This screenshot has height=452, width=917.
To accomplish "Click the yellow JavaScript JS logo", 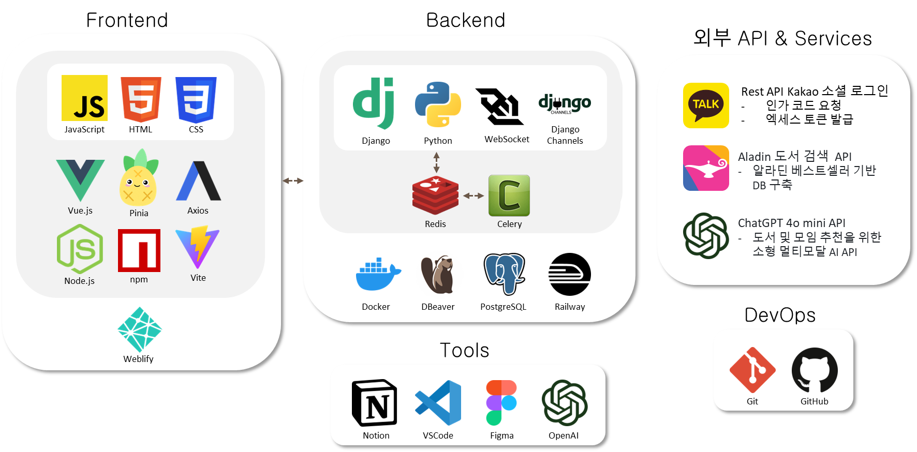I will click(x=84, y=98).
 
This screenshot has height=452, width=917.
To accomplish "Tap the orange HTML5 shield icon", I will click(x=141, y=99).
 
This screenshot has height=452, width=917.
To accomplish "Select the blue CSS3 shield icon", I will click(x=196, y=99).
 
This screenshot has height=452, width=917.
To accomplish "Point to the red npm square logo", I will click(x=139, y=250).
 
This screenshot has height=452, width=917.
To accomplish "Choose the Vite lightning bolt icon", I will click(x=198, y=247).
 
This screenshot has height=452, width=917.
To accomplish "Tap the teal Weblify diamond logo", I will click(x=139, y=329).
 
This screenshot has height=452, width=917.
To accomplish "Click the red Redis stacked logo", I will click(x=435, y=195).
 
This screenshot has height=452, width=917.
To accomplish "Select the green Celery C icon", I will click(x=509, y=195).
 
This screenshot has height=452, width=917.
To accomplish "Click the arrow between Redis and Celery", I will click(x=474, y=195).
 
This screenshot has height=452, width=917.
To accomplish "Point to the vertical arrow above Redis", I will click(x=437, y=162).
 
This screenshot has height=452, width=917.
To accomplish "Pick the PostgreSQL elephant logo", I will click(x=504, y=274).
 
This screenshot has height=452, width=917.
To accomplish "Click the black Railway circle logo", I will click(x=570, y=274).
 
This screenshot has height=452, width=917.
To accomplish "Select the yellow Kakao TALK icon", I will click(x=706, y=106).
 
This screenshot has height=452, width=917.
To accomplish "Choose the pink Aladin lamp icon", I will click(x=706, y=168).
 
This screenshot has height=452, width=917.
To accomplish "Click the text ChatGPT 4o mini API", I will click(x=791, y=223).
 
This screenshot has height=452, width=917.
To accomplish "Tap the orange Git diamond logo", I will click(x=752, y=370).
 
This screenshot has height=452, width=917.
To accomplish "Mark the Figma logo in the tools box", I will click(x=501, y=403).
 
